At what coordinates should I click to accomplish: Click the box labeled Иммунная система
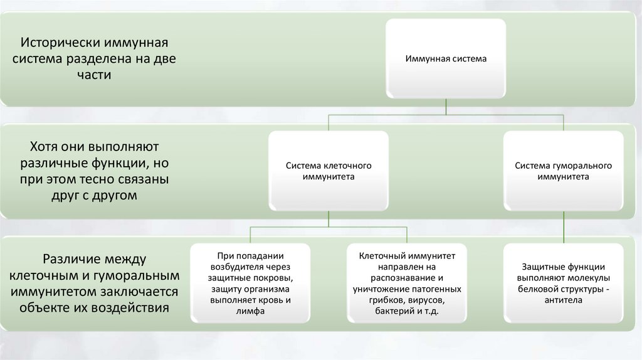tap(445, 59)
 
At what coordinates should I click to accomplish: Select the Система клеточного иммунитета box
tap(329, 171)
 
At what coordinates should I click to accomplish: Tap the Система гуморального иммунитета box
tap(563, 171)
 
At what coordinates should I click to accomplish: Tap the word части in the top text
tap(95, 75)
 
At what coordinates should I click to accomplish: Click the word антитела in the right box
tap(563, 300)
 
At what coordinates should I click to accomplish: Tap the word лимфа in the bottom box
tap(251, 311)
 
